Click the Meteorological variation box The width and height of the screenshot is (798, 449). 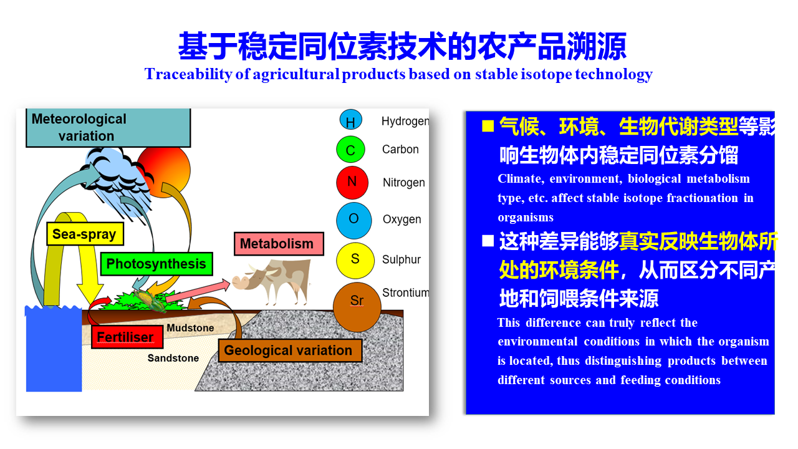pyautogui.click(x=108, y=128)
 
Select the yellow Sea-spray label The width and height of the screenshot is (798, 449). pyautogui.click(x=85, y=234)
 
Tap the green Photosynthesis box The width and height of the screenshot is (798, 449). pyautogui.click(x=156, y=264)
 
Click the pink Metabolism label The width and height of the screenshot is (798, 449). pyautogui.click(x=279, y=244)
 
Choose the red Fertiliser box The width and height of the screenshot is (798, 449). pyautogui.click(x=127, y=337)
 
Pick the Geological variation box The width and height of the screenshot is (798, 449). pyautogui.click(x=290, y=350)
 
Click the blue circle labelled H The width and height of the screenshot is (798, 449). pyautogui.click(x=350, y=120)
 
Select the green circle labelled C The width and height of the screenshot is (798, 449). pyautogui.click(x=350, y=150)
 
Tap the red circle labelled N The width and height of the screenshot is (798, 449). pyautogui.click(x=352, y=182)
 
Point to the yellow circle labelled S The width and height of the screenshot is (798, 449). pyautogui.click(x=355, y=260)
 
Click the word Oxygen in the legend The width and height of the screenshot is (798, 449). pyautogui.click(x=402, y=220)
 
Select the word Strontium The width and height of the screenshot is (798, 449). pyautogui.click(x=405, y=293)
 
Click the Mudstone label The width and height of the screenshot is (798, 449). pyautogui.click(x=190, y=328)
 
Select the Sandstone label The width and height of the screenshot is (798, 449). pyautogui.click(x=173, y=358)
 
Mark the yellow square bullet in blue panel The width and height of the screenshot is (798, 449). pyautogui.click(x=488, y=126)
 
